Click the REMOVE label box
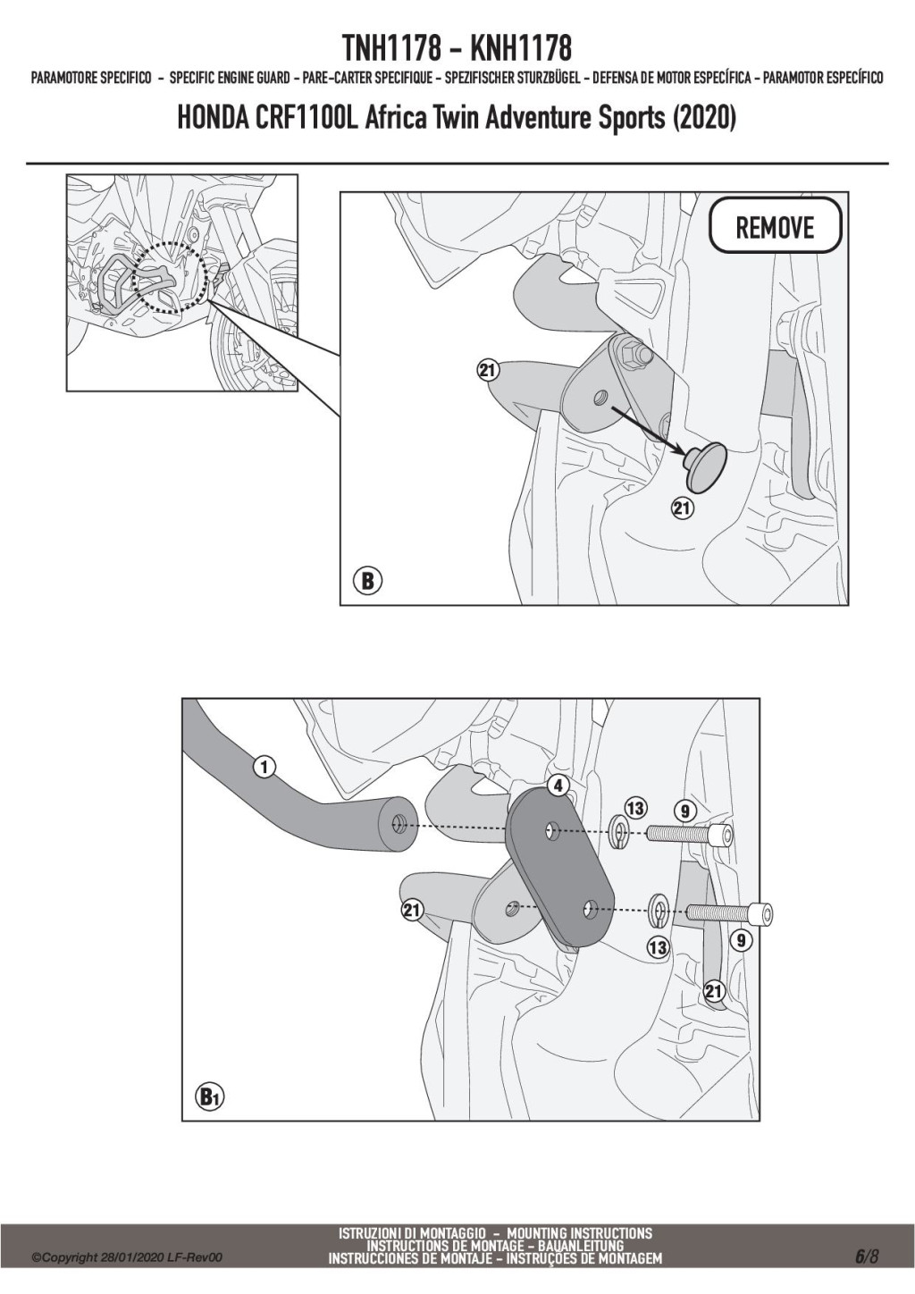point(776,224)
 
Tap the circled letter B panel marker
point(367,580)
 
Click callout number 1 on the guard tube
point(264,767)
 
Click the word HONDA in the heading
point(211,119)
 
